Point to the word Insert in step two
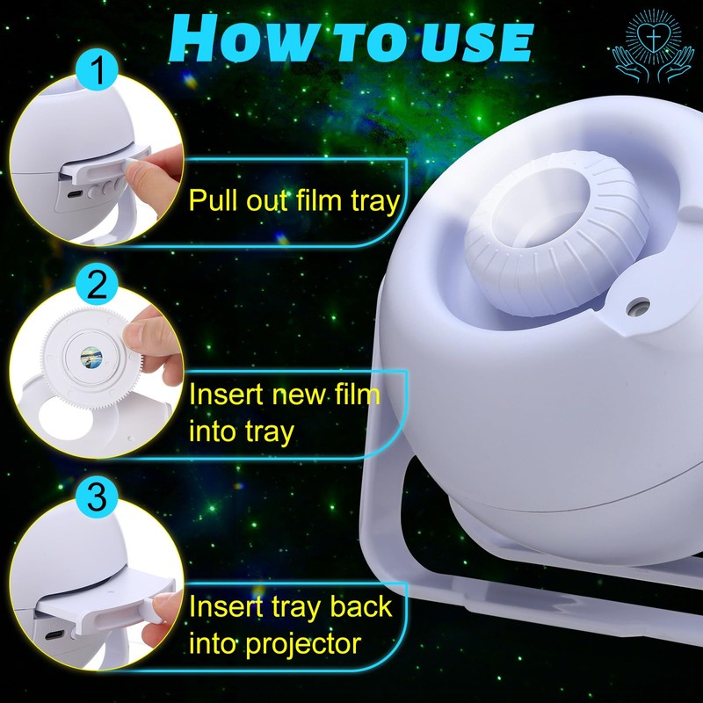[228, 393]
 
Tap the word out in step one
[266, 201]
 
